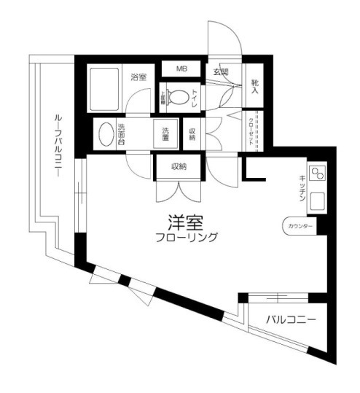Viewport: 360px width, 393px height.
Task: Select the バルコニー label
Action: (291, 319)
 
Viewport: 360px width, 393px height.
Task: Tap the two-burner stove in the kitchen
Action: (317, 175)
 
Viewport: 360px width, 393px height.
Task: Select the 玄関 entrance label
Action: (221, 71)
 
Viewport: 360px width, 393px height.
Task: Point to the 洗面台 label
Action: (122, 135)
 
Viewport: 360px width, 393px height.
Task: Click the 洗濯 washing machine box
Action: (166, 134)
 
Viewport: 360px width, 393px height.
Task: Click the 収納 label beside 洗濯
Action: (192, 134)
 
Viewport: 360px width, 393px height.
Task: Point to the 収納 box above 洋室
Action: (179, 167)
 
